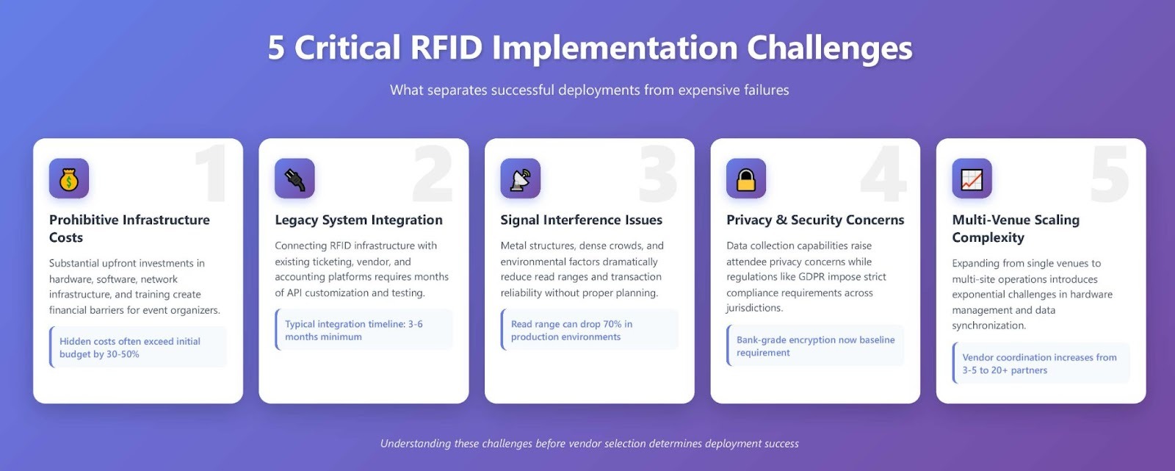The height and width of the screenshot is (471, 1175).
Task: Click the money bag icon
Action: (x=69, y=179)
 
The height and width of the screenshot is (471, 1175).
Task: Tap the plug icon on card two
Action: (x=294, y=179)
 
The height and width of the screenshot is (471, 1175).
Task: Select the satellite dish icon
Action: (x=520, y=179)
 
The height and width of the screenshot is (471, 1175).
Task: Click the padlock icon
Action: (x=746, y=179)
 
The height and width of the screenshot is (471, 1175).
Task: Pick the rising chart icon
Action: (x=972, y=179)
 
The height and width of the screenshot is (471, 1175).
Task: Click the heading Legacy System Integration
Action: (x=358, y=220)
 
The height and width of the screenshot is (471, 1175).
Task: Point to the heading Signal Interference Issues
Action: (x=581, y=220)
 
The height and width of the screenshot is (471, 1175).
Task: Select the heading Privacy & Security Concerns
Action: (x=815, y=220)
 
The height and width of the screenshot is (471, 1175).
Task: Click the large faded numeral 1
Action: (x=211, y=174)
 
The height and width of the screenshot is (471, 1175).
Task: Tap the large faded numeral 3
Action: (x=657, y=174)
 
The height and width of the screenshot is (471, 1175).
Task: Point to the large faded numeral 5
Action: (x=1109, y=174)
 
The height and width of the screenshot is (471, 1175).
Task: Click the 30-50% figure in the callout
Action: (x=120, y=354)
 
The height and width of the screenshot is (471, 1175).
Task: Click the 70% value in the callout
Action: (x=612, y=324)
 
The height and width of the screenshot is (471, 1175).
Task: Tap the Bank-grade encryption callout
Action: (x=815, y=346)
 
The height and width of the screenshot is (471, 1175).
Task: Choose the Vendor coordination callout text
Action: (x=1038, y=364)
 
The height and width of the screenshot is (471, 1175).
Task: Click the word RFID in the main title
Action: (x=446, y=48)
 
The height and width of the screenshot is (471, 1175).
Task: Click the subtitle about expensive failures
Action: (x=589, y=90)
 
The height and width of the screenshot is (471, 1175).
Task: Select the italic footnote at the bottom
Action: (x=589, y=444)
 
